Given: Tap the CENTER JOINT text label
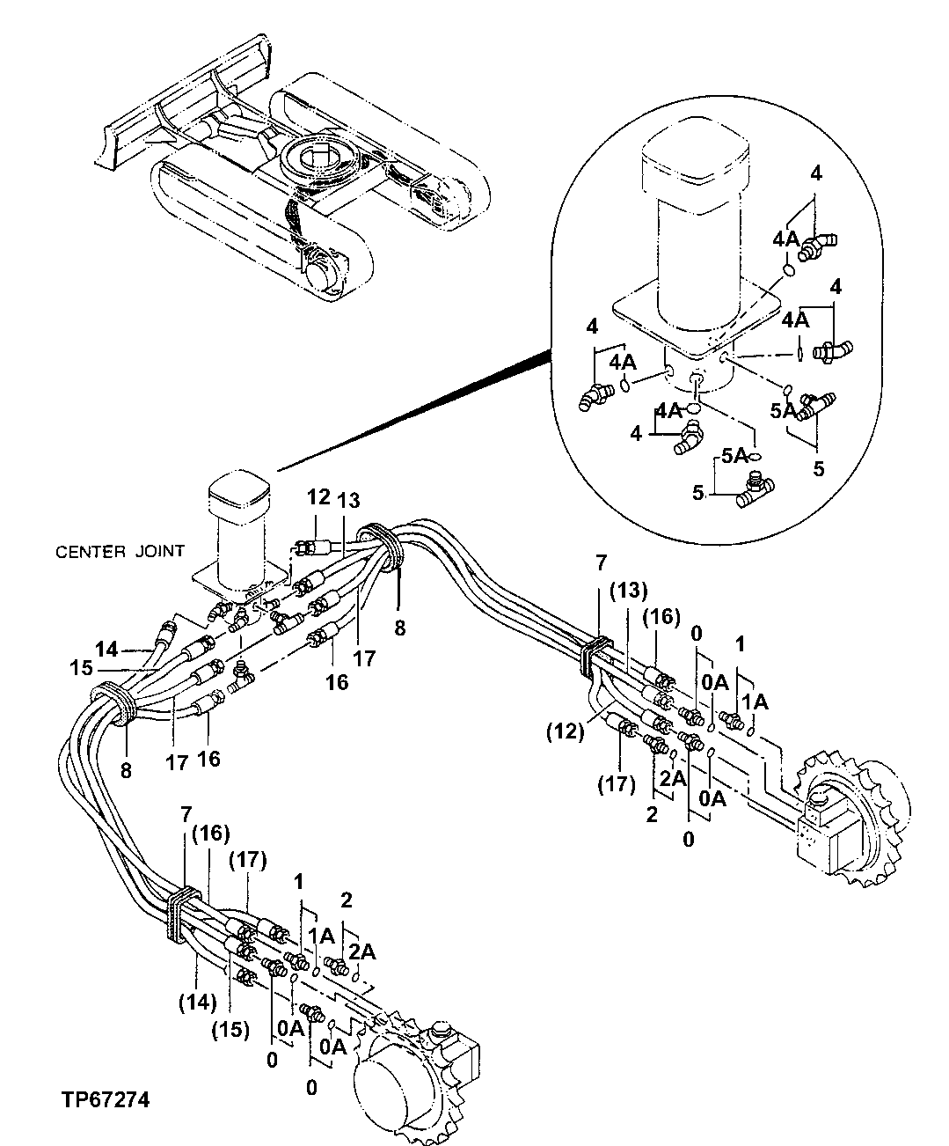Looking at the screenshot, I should [120, 552].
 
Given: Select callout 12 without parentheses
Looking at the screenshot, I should [318, 498].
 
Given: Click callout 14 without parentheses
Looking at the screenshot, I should [106, 650].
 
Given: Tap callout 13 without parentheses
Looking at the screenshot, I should [348, 500].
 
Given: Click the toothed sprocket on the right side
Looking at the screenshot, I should [849, 819].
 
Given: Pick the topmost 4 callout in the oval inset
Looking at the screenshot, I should [816, 174].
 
